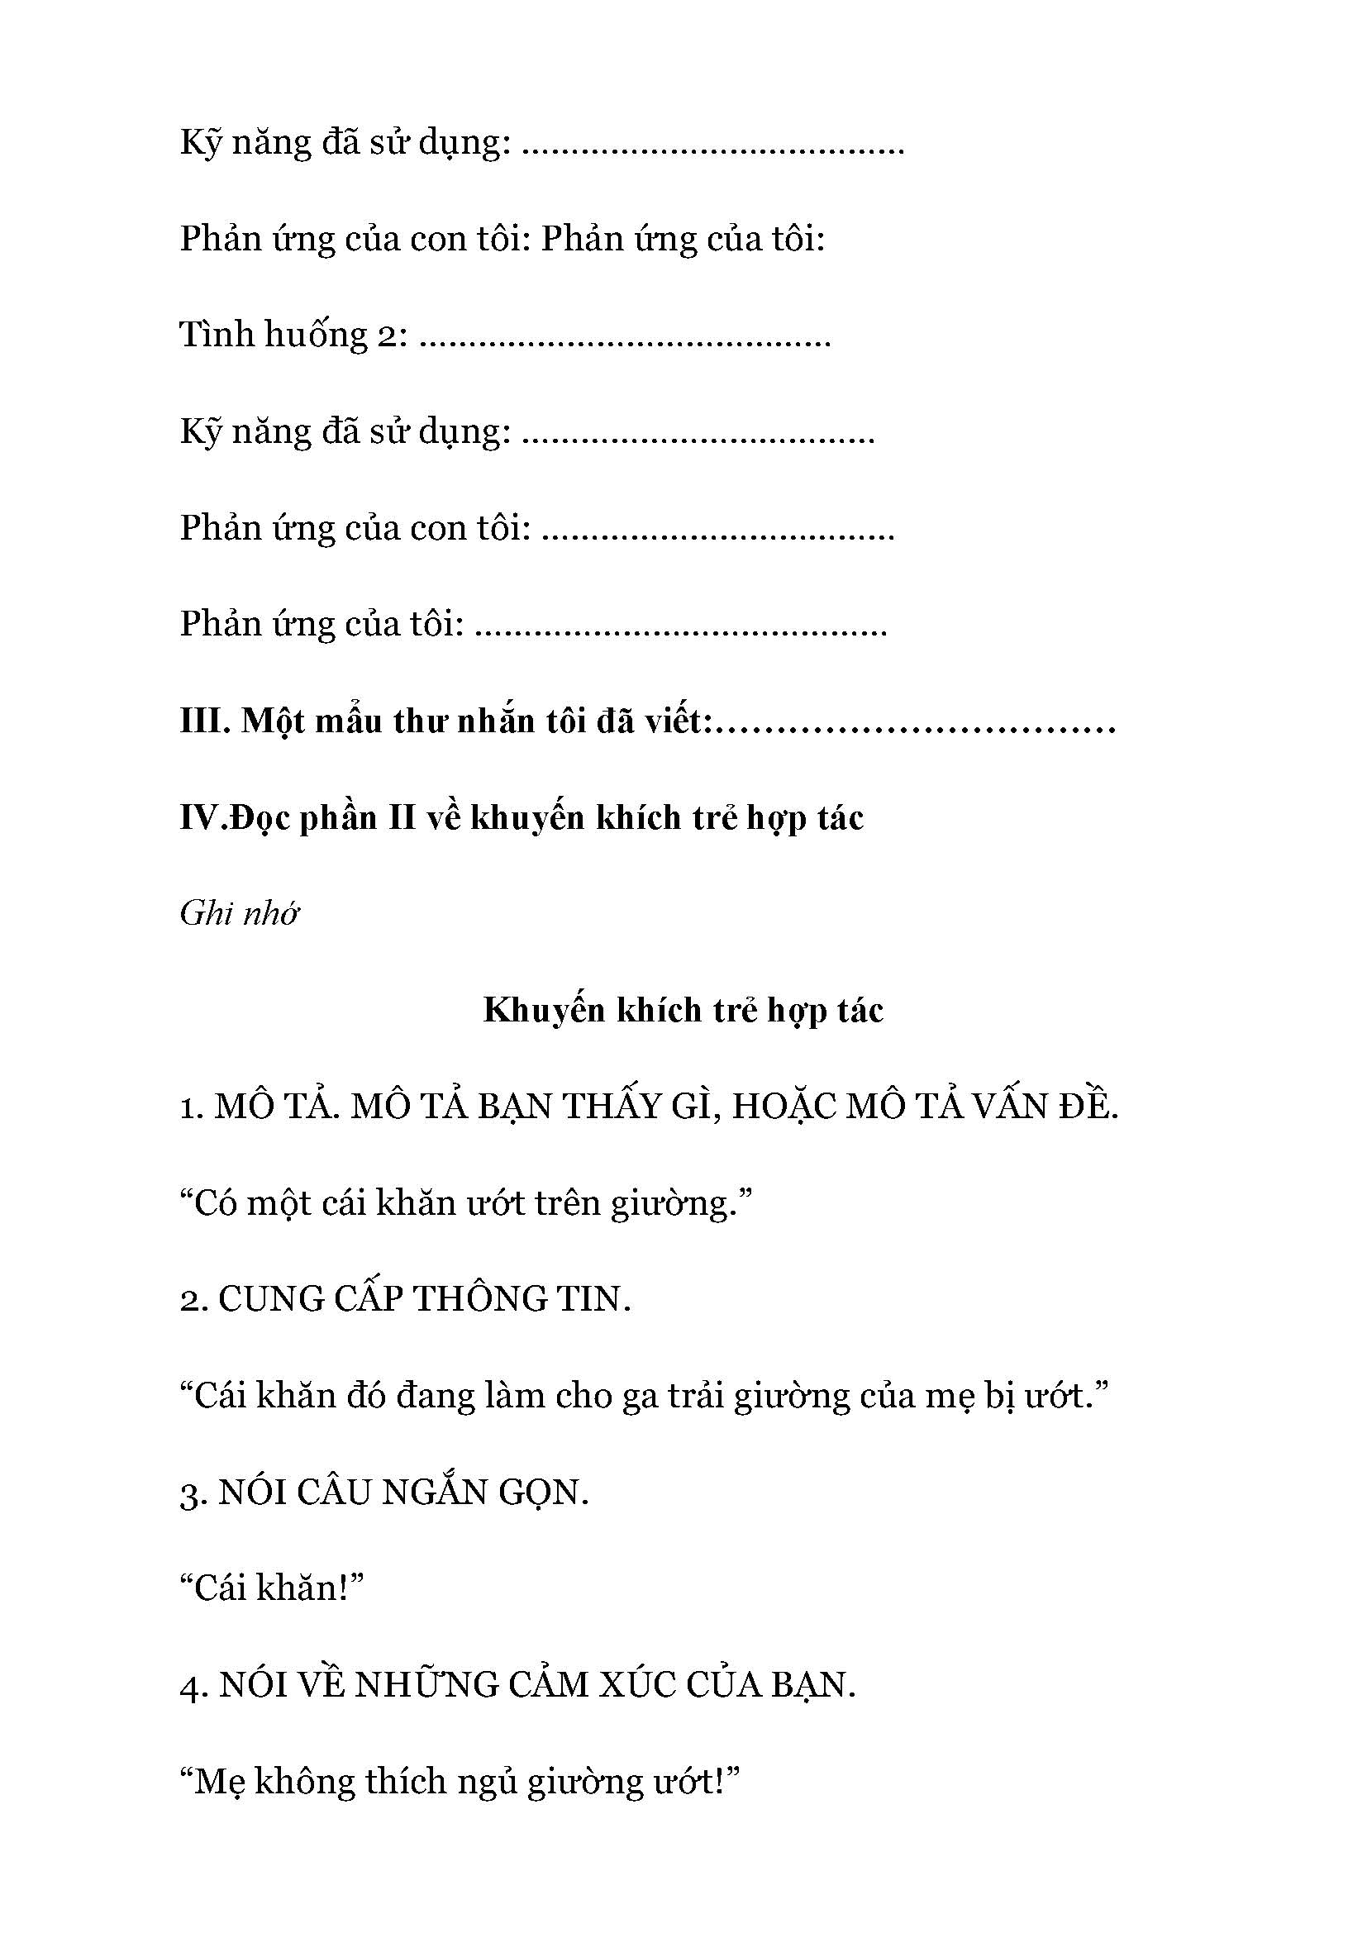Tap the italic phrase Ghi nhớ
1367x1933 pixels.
tap(240, 913)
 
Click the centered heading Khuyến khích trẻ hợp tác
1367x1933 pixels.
tap(683, 1010)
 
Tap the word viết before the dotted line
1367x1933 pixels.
tap(676, 721)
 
